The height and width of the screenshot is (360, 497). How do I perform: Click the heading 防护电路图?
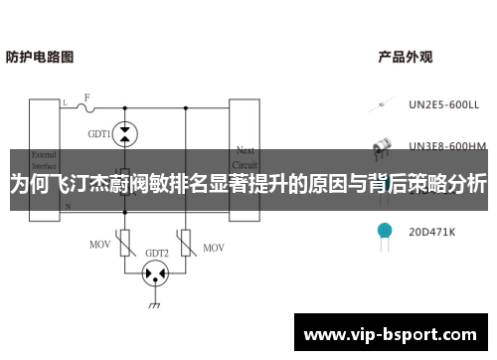(x=40, y=58)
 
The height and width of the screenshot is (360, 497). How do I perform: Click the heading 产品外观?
(x=405, y=58)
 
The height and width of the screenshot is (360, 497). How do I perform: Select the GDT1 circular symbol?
(x=124, y=131)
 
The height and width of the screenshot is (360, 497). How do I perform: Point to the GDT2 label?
(x=156, y=253)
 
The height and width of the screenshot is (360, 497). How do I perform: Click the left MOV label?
(x=100, y=244)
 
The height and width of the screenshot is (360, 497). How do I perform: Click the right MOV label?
(x=214, y=245)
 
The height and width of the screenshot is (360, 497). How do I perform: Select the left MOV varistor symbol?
(x=125, y=242)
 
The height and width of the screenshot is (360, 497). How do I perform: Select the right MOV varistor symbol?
(x=186, y=242)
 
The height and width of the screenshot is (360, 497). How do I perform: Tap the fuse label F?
(x=86, y=97)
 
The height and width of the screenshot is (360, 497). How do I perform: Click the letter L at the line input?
(x=66, y=103)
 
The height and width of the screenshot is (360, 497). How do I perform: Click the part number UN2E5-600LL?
(x=443, y=102)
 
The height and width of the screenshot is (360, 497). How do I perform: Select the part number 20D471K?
(x=431, y=232)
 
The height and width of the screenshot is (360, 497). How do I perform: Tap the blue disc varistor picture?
(x=383, y=230)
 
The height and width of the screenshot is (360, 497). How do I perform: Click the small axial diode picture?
(x=383, y=102)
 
